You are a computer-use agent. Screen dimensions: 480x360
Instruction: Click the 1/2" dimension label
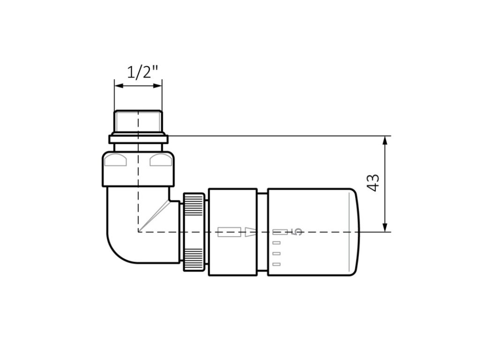point(142,72)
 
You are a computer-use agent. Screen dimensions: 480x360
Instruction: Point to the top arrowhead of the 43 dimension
point(385,141)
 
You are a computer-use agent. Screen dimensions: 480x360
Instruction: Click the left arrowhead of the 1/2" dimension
point(119,86)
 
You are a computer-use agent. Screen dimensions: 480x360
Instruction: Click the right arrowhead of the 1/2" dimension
point(157,86)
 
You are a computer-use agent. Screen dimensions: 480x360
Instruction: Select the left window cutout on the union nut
point(115,160)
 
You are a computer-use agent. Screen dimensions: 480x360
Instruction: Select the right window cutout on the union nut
point(161,160)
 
